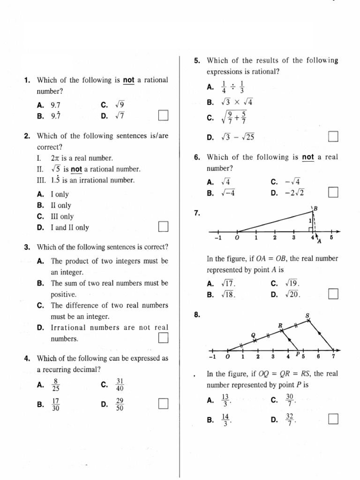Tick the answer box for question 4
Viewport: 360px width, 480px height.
pyautogui.click(x=163, y=403)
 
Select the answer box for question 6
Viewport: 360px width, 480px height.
pyautogui.click(x=333, y=193)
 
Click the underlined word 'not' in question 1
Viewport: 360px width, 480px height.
pyautogui.click(x=128, y=80)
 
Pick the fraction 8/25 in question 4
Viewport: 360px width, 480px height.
pyautogui.click(x=56, y=385)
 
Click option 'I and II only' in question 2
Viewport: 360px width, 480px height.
pyautogui.click(x=69, y=228)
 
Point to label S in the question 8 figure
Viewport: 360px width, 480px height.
pyautogui.click(x=308, y=316)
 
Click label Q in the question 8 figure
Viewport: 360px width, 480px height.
pyautogui.click(x=254, y=335)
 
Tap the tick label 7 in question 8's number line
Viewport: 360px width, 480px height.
pyautogui.click(x=333, y=357)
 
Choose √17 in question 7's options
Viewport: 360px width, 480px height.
pyautogui.click(x=228, y=284)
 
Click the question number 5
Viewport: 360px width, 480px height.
pyautogui.click(x=197, y=61)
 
